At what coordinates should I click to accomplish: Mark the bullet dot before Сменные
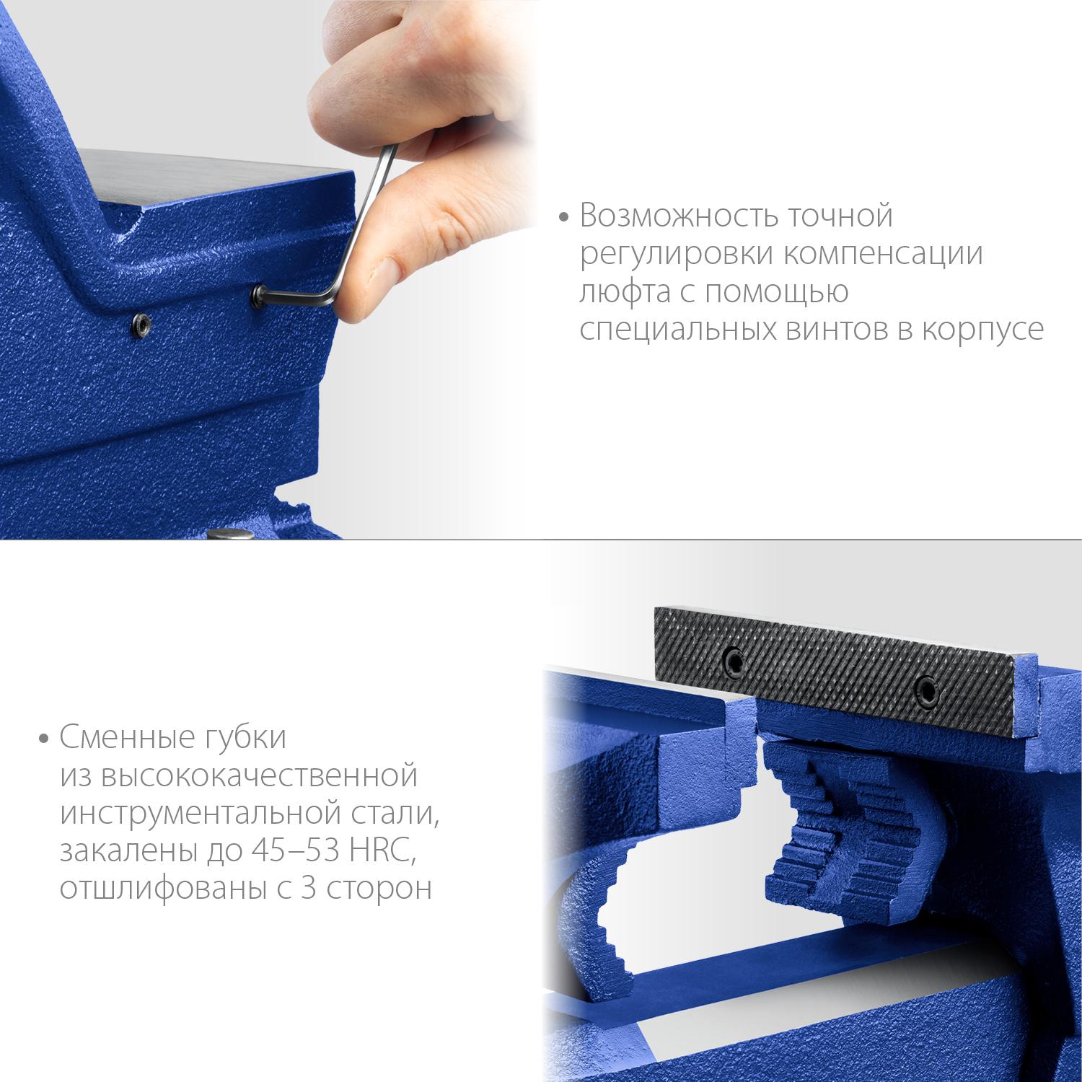(45, 739)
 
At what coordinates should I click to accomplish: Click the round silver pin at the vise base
(227, 535)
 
